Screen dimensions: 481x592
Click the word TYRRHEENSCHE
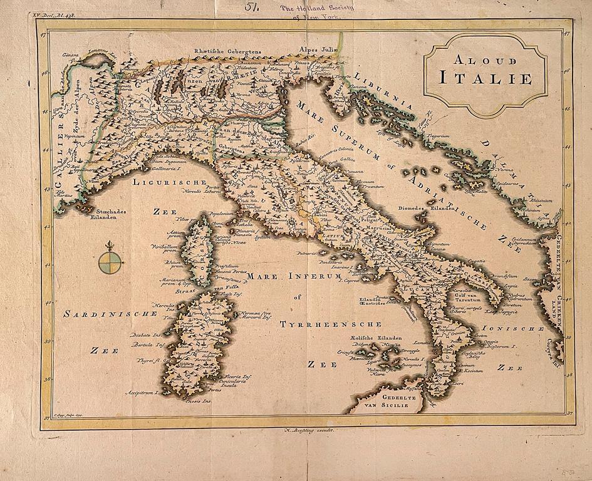pos(331,324)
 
